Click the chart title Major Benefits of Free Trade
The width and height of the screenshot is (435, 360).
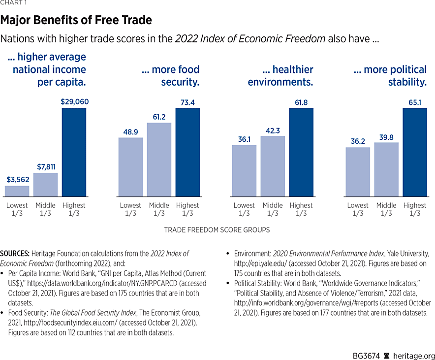[x=76, y=20]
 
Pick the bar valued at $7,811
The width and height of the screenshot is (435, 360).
[x=45, y=185]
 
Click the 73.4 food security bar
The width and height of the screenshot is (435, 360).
[x=187, y=152]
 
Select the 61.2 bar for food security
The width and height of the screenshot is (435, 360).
[x=159, y=160]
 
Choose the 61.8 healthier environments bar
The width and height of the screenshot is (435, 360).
[x=301, y=152]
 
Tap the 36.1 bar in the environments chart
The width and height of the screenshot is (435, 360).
[x=244, y=170]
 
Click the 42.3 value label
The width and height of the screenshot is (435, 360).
[x=273, y=130]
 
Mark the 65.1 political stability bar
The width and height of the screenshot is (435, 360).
[x=415, y=152]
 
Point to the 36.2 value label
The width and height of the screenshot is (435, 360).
[x=358, y=141]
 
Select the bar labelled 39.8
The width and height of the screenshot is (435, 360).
[x=386, y=169]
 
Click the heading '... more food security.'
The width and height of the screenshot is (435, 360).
[x=170, y=76]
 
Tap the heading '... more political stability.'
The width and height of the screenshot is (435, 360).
[x=390, y=76]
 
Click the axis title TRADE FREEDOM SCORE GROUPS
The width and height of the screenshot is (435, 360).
[x=217, y=230]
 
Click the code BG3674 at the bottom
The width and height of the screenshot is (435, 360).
[x=366, y=350]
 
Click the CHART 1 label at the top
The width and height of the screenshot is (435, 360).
[x=14, y=2]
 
